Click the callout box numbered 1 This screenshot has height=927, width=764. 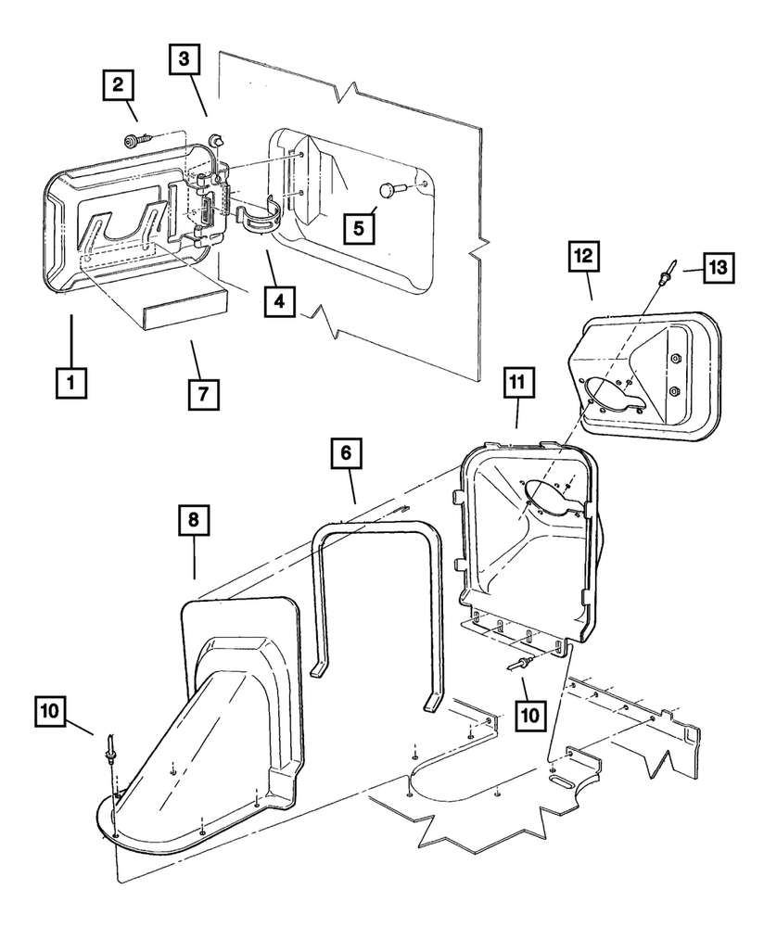click(70, 381)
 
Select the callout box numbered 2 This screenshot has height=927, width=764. click(118, 87)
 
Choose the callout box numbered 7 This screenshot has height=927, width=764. click(203, 393)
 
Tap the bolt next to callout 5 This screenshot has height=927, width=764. click(387, 191)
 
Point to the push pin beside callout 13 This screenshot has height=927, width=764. click(667, 276)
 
